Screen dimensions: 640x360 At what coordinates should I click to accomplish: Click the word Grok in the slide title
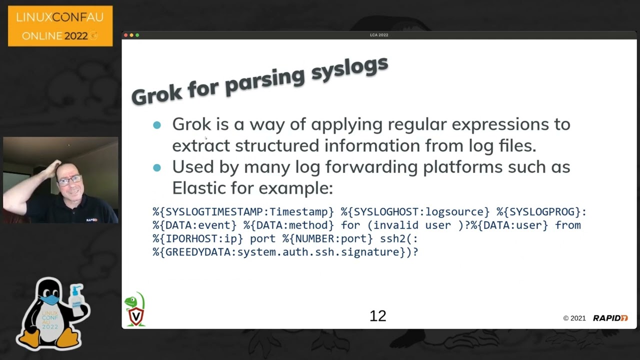156,94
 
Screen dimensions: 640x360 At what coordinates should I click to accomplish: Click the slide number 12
377,316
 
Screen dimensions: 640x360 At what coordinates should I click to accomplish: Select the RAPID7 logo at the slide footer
610,318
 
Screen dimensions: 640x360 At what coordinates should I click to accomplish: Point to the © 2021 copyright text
574,318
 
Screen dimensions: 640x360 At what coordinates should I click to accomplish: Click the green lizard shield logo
135,309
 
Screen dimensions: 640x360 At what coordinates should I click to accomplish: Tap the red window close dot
125,35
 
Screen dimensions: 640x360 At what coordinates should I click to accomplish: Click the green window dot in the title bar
137,35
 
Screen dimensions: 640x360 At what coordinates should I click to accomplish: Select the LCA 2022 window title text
379,35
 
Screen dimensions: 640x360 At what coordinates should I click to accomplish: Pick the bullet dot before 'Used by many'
157,167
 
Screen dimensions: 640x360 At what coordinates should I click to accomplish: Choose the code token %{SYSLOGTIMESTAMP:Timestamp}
243,211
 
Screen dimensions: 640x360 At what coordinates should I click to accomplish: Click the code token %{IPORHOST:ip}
197,238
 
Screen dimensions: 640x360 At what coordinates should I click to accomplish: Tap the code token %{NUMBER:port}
327,238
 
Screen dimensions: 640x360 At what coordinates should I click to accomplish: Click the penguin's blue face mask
49,300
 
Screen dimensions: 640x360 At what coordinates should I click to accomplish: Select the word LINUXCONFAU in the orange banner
59,17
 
